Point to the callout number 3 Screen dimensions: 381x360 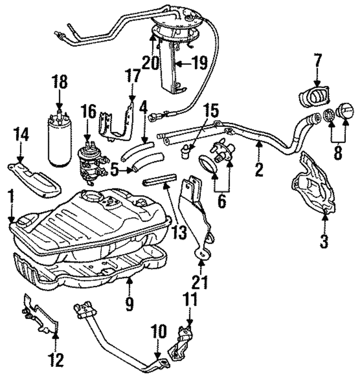pos(324,241)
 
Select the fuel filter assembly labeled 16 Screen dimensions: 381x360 pos(90,162)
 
